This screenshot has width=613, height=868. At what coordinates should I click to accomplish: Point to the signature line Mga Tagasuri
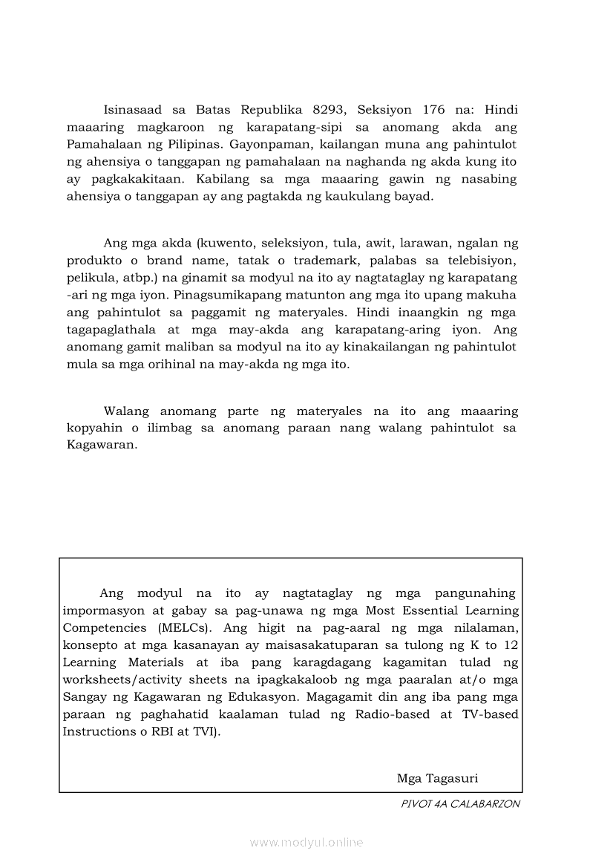437,779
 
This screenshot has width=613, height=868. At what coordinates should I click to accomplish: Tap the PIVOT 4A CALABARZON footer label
460,803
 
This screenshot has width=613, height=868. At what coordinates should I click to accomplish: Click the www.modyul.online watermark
306,843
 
